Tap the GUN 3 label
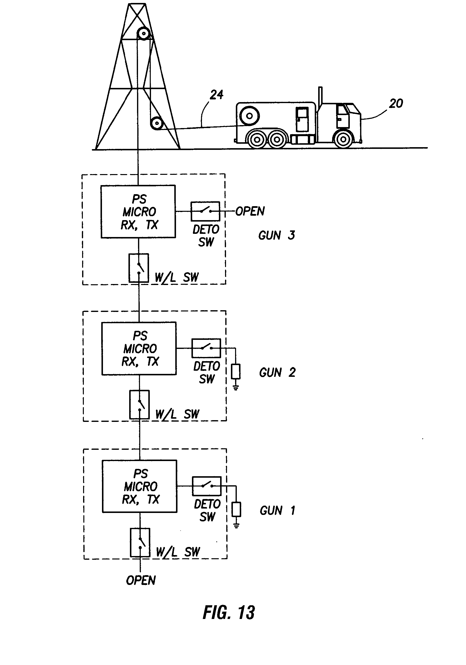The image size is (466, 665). pyautogui.click(x=276, y=235)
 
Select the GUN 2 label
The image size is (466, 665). pyautogui.click(x=277, y=372)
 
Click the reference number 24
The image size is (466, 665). pyautogui.click(x=217, y=95)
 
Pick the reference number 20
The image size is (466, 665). pyautogui.click(x=396, y=103)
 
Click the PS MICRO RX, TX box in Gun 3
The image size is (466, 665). pyautogui.click(x=138, y=212)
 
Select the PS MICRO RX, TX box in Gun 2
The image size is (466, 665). pyautogui.click(x=139, y=348)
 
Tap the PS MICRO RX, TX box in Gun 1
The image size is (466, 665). pyautogui.click(x=140, y=486)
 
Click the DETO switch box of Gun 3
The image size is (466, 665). pyautogui.click(x=205, y=211)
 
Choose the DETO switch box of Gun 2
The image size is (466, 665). pyautogui.click(x=206, y=348)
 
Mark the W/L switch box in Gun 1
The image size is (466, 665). pyautogui.click(x=140, y=543)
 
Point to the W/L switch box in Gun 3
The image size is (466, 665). pyautogui.click(x=139, y=268)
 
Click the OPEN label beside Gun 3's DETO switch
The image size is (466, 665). pyautogui.click(x=250, y=211)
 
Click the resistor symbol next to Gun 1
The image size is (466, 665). pyautogui.click(x=236, y=510)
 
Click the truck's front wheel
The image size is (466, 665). pyautogui.click(x=343, y=139)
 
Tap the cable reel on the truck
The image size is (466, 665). pyautogui.click(x=249, y=116)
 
